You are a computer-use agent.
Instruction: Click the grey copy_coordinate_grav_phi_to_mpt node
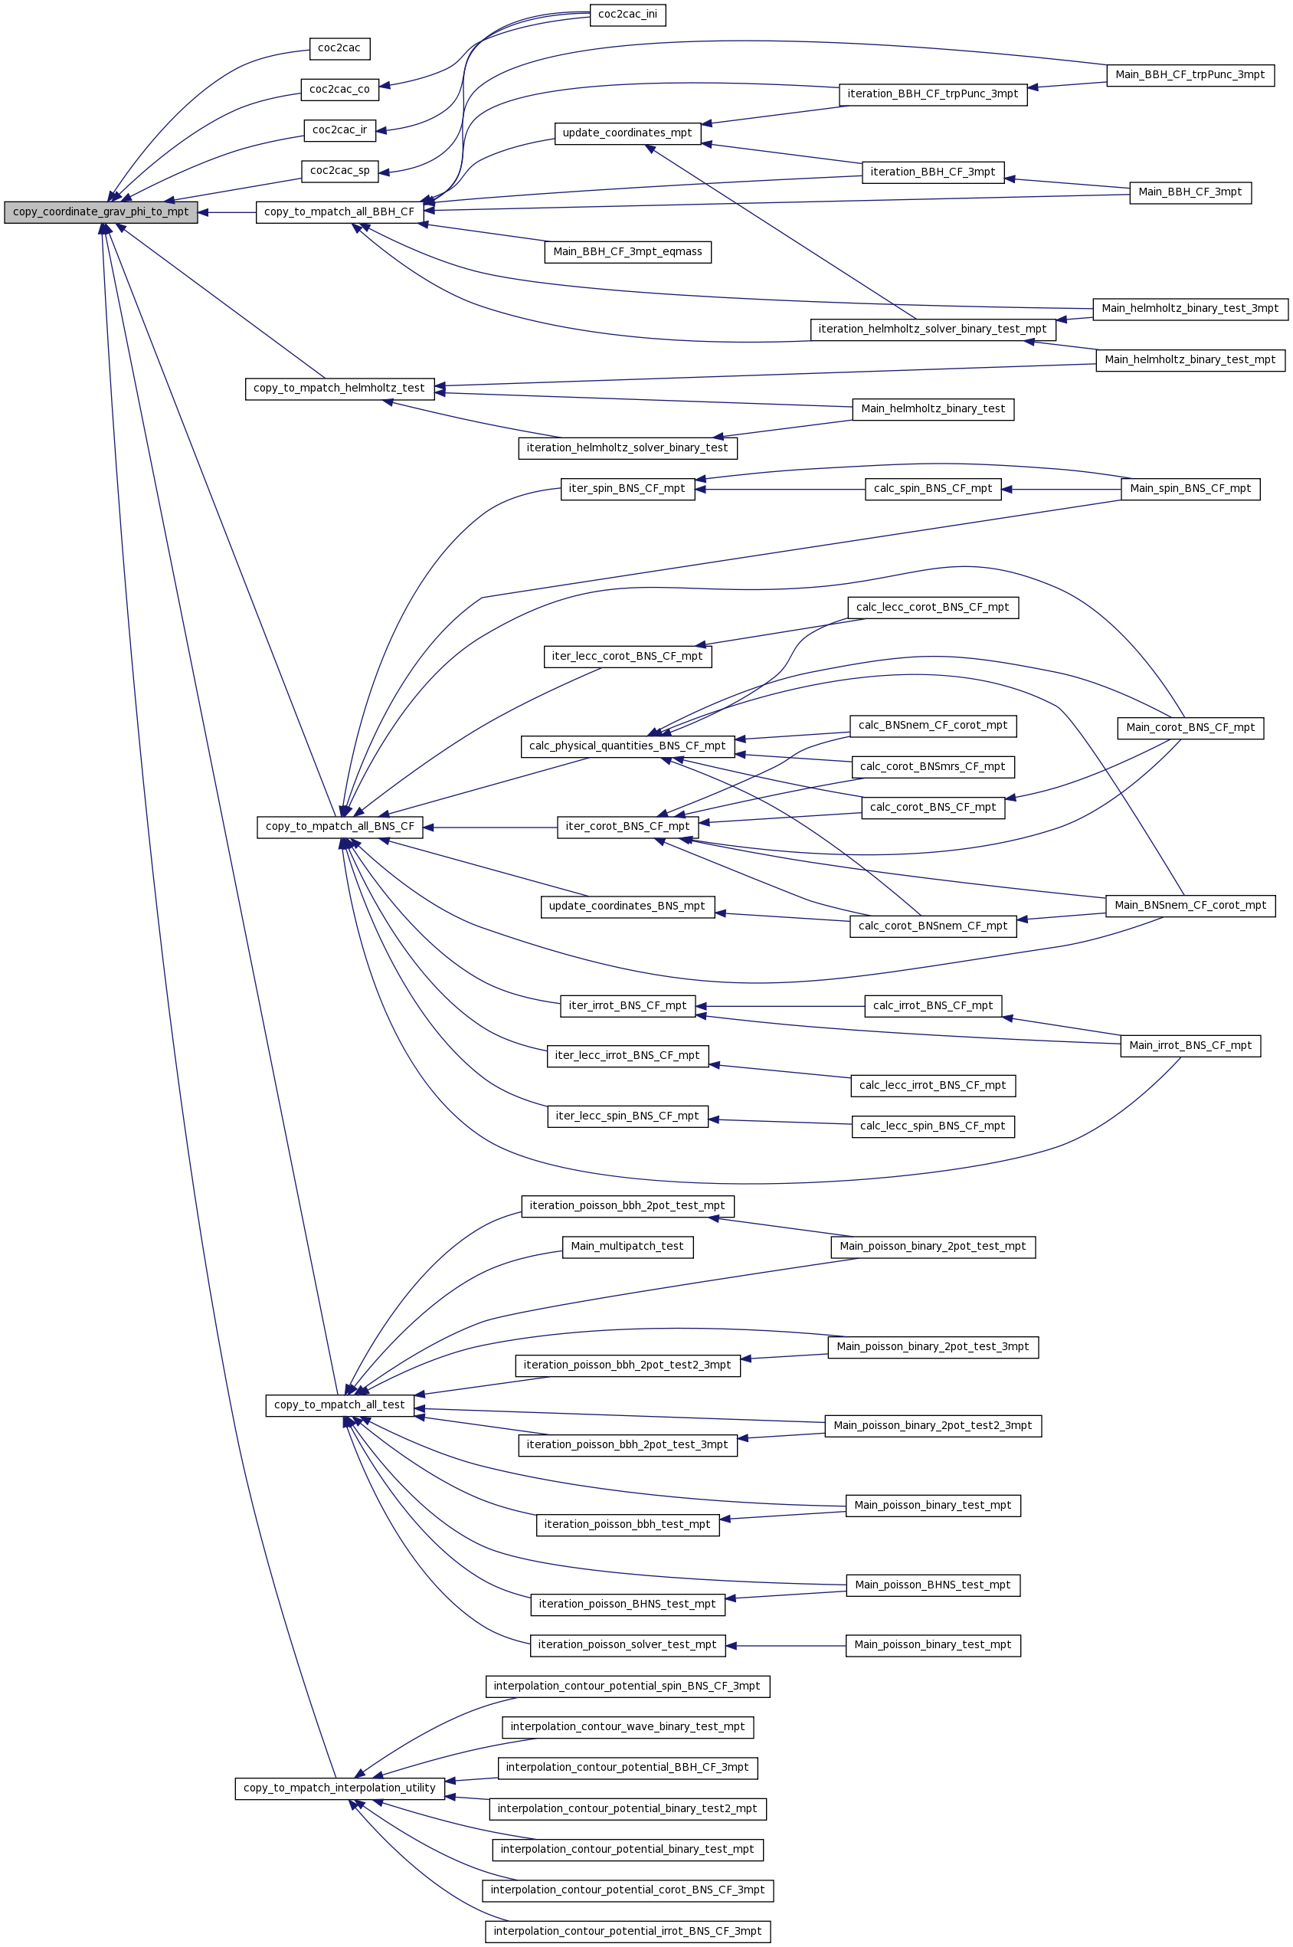click(x=100, y=213)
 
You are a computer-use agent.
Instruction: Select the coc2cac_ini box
click(x=627, y=15)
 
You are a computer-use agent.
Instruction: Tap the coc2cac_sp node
click(x=340, y=172)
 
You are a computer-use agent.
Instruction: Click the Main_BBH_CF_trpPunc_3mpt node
click(x=1190, y=75)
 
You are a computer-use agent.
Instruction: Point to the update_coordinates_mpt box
click(x=627, y=133)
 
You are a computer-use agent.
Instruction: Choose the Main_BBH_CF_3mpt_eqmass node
click(x=627, y=252)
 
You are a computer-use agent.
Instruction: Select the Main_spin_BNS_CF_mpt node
click(x=1190, y=489)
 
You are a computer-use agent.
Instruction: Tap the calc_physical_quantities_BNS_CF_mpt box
click(x=627, y=746)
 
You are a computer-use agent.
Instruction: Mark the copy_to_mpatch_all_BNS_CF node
click(x=340, y=827)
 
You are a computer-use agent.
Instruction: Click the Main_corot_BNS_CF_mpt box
click(x=1190, y=728)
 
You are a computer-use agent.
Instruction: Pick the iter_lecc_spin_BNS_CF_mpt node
click(x=627, y=1116)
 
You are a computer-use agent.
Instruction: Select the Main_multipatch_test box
click(x=627, y=1247)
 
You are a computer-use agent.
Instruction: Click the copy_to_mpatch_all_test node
click(x=340, y=1405)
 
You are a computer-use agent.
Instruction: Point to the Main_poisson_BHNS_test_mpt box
click(x=933, y=1585)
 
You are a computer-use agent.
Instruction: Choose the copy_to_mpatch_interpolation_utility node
click(x=340, y=1788)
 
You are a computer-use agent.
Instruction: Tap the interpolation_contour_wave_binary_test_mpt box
click(x=627, y=1727)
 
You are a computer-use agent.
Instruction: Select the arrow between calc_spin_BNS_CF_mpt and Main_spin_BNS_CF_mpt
click(x=1061, y=489)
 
